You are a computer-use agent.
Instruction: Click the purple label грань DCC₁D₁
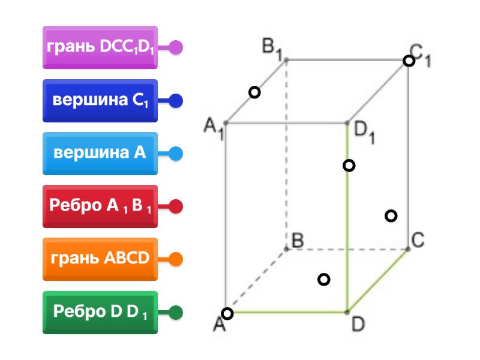pyautogui.click(x=100, y=47)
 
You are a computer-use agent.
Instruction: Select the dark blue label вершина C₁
pyautogui.click(x=100, y=100)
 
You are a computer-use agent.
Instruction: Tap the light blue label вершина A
pyautogui.click(x=100, y=153)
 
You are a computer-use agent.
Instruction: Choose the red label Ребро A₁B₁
pyautogui.click(x=100, y=206)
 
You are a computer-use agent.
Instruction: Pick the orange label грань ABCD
pyautogui.click(x=100, y=259)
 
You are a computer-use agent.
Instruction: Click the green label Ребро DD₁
pyautogui.click(x=100, y=312)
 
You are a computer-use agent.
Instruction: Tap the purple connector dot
pyautogui.click(x=176, y=47)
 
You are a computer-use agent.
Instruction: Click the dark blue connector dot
pyautogui.click(x=176, y=100)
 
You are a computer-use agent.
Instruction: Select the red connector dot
pyautogui.click(x=176, y=206)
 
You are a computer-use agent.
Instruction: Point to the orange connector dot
pyautogui.click(x=176, y=259)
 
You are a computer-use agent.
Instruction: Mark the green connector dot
pyautogui.click(x=176, y=312)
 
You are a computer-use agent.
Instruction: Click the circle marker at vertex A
pyautogui.click(x=227, y=313)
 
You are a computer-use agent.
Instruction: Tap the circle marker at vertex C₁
pyautogui.click(x=409, y=61)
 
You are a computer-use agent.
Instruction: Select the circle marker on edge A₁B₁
pyautogui.click(x=255, y=92)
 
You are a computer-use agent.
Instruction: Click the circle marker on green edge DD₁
pyautogui.click(x=349, y=166)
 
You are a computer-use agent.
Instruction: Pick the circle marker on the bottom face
pyautogui.click(x=323, y=279)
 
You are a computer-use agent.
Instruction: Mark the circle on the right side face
pyautogui.click(x=391, y=215)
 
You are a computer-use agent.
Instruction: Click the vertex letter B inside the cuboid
pyautogui.click(x=296, y=241)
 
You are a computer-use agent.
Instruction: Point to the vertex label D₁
pyautogui.click(x=364, y=133)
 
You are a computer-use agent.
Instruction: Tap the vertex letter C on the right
pyautogui.click(x=418, y=241)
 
